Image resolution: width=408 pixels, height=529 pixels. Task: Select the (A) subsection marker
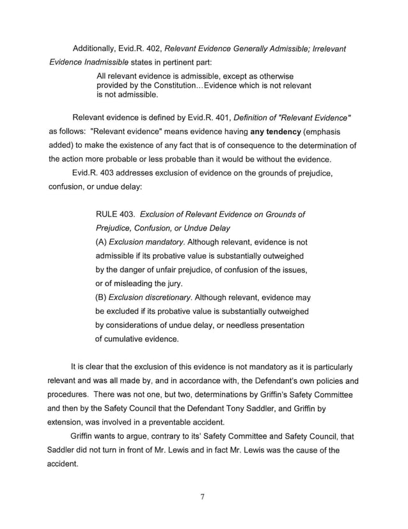(101, 243)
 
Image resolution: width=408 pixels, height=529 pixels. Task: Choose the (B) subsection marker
(101, 298)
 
